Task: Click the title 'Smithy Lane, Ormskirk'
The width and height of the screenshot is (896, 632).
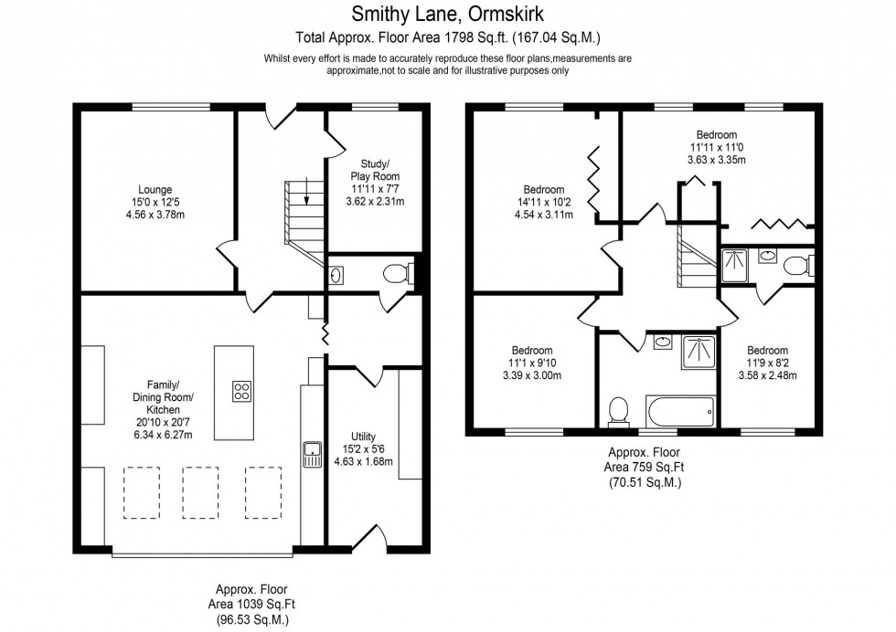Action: [447, 14]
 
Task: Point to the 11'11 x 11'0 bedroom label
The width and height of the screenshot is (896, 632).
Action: [716, 147]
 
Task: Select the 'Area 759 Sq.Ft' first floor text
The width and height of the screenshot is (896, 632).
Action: [645, 468]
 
